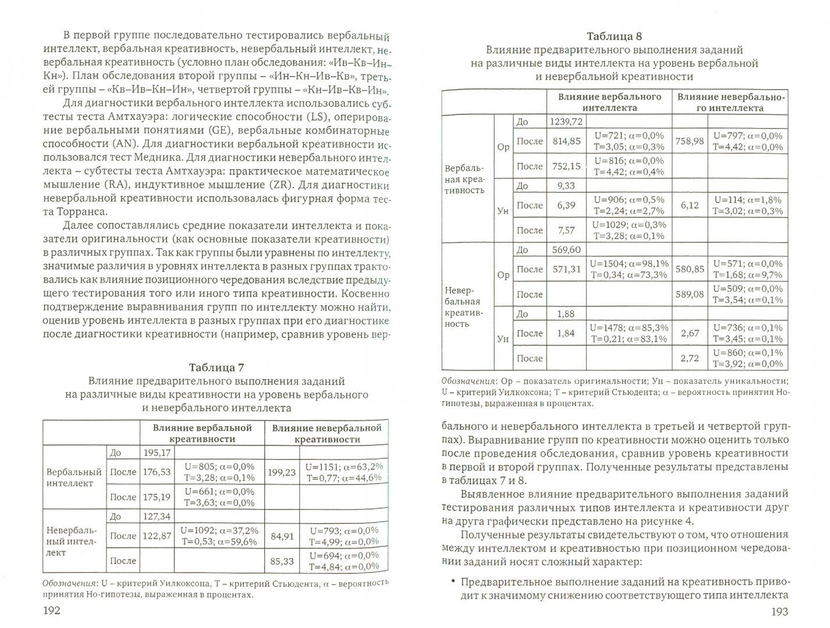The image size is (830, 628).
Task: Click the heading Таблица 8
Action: pos(614,37)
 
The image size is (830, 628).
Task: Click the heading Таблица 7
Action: pos(217,367)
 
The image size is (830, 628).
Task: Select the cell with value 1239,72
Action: pos(565,121)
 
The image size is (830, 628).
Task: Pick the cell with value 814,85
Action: pos(565,141)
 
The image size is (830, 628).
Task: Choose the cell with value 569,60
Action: pos(565,249)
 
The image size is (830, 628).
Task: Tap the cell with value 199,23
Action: pos(281,472)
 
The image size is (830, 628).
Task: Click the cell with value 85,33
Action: pos(281,561)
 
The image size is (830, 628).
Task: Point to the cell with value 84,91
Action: pos(281,536)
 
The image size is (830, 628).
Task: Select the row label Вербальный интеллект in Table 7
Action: pos(74,477)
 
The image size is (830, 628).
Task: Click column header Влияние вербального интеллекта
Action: pos(609,102)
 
